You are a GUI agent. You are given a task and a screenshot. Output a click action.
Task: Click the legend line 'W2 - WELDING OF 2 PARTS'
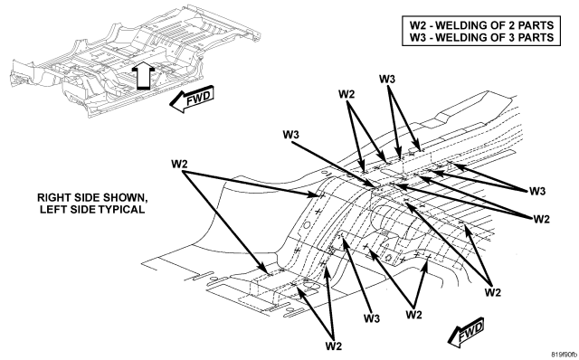point(481,25)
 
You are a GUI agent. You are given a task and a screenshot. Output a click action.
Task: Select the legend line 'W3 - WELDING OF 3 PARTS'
point(481,37)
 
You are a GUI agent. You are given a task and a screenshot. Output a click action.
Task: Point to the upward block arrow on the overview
point(142,75)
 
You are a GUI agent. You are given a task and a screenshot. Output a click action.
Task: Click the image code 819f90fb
point(564,354)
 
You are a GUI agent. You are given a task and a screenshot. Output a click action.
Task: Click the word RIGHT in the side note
point(50,197)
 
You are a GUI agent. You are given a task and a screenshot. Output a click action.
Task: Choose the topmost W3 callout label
point(387,79)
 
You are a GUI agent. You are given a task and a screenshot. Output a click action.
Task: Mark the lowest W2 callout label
point(334,346)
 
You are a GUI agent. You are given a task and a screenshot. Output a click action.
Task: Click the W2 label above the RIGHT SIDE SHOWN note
point(179,164)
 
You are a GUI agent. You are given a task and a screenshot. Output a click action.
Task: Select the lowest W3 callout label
point(372,317)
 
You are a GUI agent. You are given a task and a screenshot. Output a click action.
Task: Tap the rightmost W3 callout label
point(537,191)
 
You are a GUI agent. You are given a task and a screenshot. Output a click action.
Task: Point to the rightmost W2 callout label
point(541,219)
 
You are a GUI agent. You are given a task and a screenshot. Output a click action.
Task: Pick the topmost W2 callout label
point(346,94)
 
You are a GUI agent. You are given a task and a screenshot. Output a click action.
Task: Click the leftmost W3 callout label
point(291,135)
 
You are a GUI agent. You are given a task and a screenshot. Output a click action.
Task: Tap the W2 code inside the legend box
point(418,25)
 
